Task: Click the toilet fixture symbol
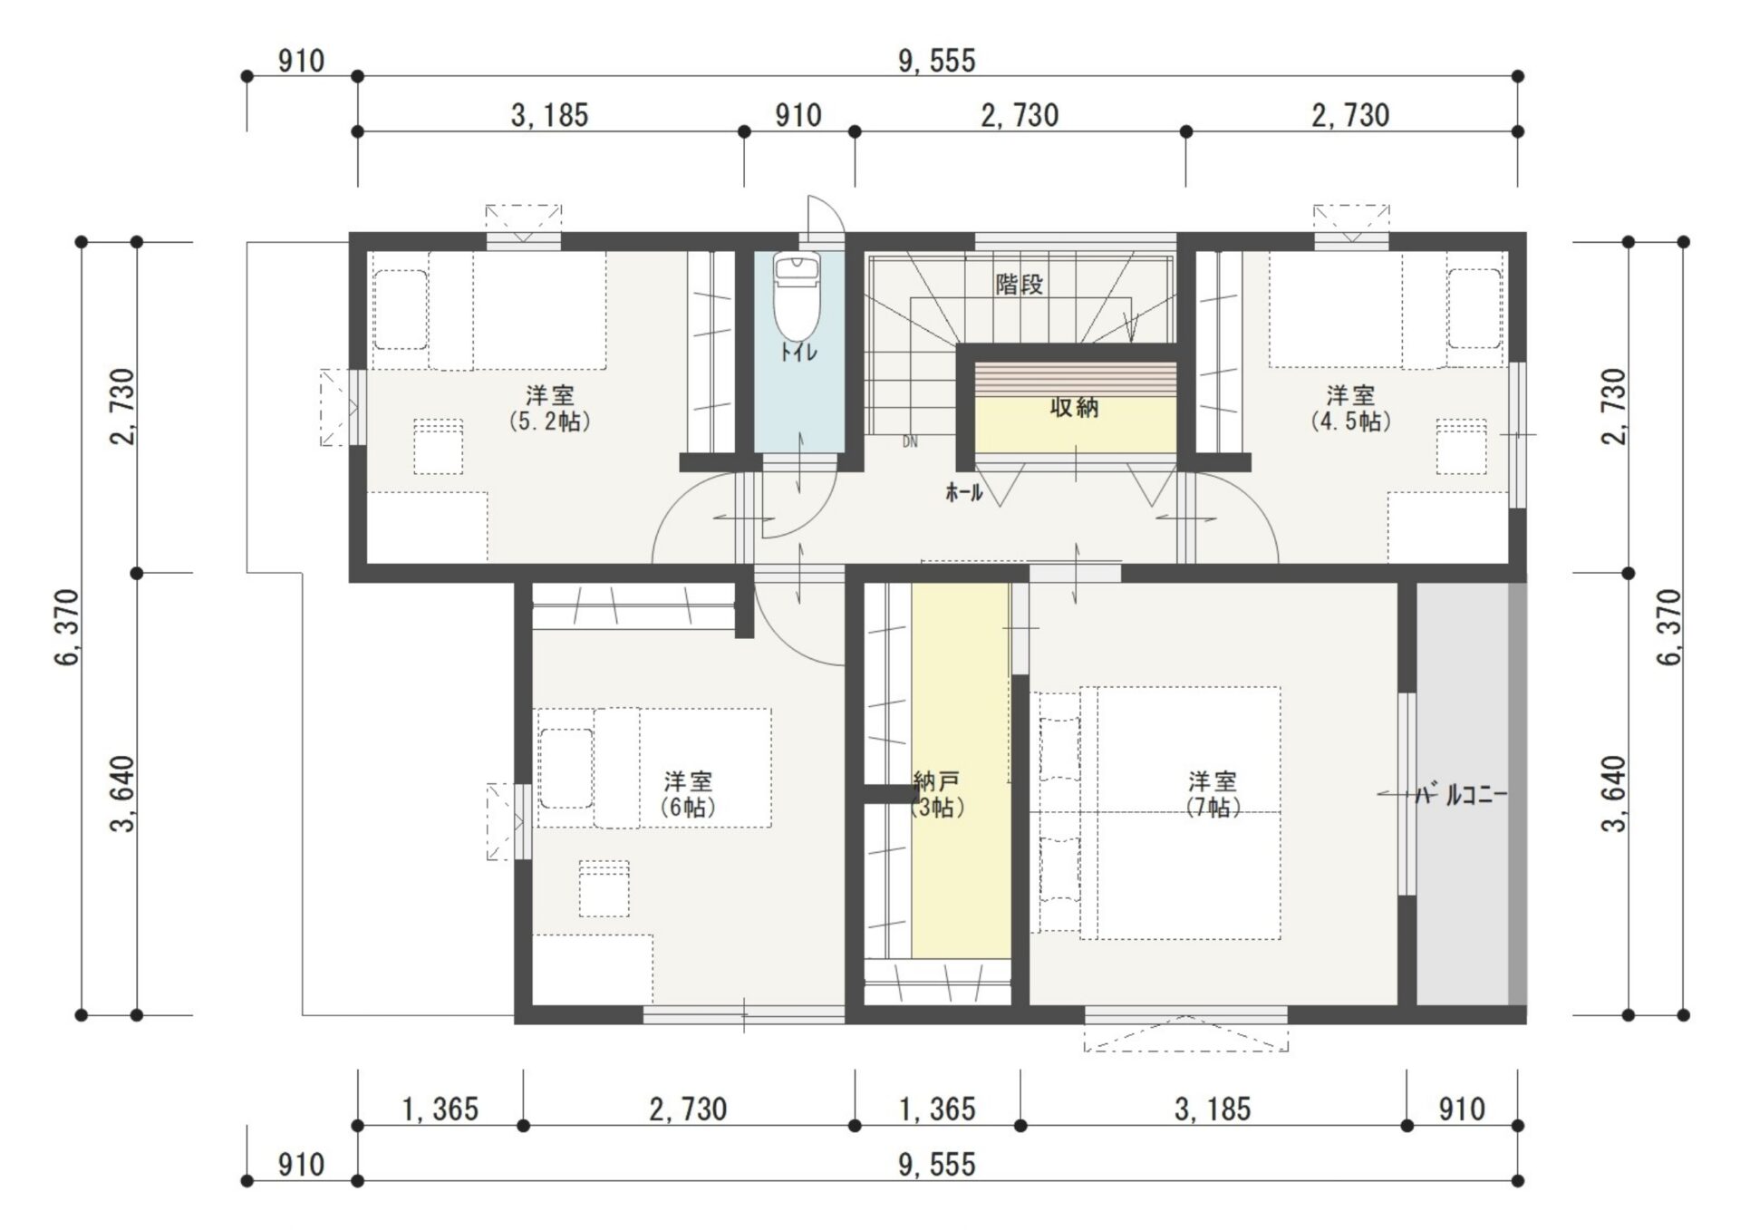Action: coord(797,295)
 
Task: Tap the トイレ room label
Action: coord(798,352)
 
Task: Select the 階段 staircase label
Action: coord(1020,285)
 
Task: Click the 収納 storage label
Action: coord(1074,408)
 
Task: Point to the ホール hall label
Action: coord(964,493)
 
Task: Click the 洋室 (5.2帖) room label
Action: coord(550,408)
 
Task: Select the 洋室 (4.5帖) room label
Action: coord(1350,408)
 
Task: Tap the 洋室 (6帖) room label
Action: coord(688,794)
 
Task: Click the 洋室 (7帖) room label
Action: coord(1213,794)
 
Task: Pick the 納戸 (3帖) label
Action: coord(937,794)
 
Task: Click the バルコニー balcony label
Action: coord(1462,796)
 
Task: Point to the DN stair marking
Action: coord(910,442)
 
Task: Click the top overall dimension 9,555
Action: coord(937,61)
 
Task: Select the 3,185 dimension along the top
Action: coord(550,115)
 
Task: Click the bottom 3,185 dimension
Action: coord(1213,1109)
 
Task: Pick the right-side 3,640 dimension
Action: coord(1615,793)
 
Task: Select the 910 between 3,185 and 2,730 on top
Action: coord(798,115)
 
